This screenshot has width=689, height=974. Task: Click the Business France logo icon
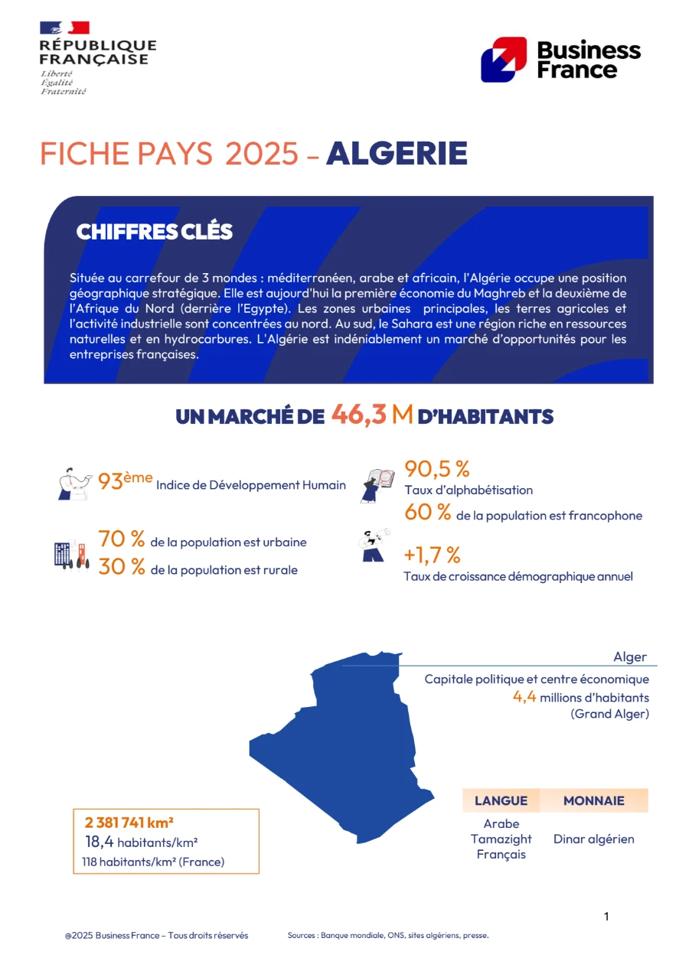(x=503, y=60)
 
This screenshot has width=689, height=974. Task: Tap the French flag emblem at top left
(x=65, y=28)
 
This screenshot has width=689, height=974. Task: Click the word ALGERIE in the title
(x=397, y=154)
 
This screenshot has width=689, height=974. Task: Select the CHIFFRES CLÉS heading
(x=154, y=232)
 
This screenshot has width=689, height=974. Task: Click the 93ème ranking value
(x=125, y=482)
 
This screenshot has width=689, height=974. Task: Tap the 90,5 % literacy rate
(x=436, y=468)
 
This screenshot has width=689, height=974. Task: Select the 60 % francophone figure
(x=427, y=513)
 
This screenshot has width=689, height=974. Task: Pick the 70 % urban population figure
(x=121, y=539)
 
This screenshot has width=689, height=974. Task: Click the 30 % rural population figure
(x=121, y=567)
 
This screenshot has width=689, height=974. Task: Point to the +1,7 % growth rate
(x=432, y=554)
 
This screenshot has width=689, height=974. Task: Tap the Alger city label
(x=629, y=657)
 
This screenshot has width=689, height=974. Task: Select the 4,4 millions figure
(x=524, y=697)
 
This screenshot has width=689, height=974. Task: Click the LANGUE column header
(x=501, y=801)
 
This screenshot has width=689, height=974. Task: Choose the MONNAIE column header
(x=593, y=801)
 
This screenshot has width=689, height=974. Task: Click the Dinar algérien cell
(x=593, y=839)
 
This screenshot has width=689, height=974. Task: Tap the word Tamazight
(x=501, y=839)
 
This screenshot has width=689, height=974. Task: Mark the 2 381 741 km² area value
(x=129, y=823)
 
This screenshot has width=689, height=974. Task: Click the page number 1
(x=606, y=916)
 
